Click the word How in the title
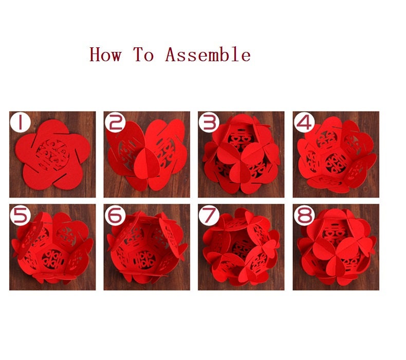106,55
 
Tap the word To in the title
144,55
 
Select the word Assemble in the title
208,55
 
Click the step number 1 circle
20,122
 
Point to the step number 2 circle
115,122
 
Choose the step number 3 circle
209,122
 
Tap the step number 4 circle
304,122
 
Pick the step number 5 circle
20,215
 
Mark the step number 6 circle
115,215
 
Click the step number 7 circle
209,215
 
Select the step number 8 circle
304,215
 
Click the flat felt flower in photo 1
52,154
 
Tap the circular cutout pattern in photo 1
53,155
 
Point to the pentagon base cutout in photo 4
336,163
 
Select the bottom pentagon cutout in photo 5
53,259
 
